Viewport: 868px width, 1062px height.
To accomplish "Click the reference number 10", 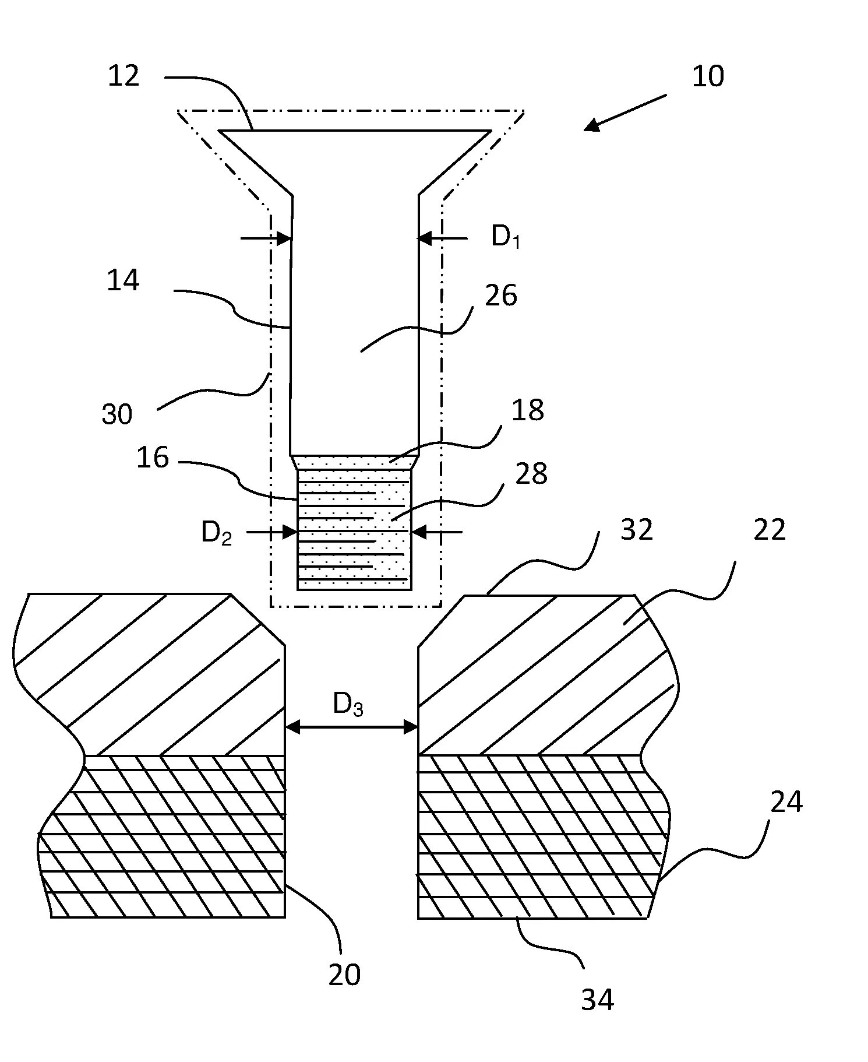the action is pyautogui.click(x=708, y=76).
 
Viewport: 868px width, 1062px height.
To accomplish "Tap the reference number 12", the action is pyautogui.click(x=124, y=76).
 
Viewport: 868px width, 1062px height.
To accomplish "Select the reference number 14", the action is pyautogui.click(x=124, y=280).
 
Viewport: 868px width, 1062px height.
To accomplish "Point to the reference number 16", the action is pyautogui.click(x=153, y=458).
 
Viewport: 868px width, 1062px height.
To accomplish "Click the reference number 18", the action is pyautogui.click(x=528, y=410).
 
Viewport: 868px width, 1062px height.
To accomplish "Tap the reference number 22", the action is pyautogui.click(x=770, y=530).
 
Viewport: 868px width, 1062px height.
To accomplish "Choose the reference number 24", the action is pyautogui.click(x=786, y=802).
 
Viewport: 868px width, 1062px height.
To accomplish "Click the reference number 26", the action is pyautogui.click(x=501, y=296).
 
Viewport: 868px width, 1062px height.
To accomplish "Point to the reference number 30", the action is pyautogui.click(x=117, y=414).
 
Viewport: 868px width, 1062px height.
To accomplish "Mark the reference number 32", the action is pyautogui.click(x=637, y=530).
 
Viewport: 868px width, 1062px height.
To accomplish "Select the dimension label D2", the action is pyautogui.click(x=217, y=533).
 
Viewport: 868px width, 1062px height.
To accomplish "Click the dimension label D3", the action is pyautogui.click(x=348, y=705).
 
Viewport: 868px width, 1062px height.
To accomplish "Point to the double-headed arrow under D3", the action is pyautogui.click(x=352, y=727).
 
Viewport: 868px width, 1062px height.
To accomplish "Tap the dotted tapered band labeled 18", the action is pyautogui.click(x=354, y=462).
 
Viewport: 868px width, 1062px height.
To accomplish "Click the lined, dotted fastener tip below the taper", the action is pyautogui.click(x=354, y=529).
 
